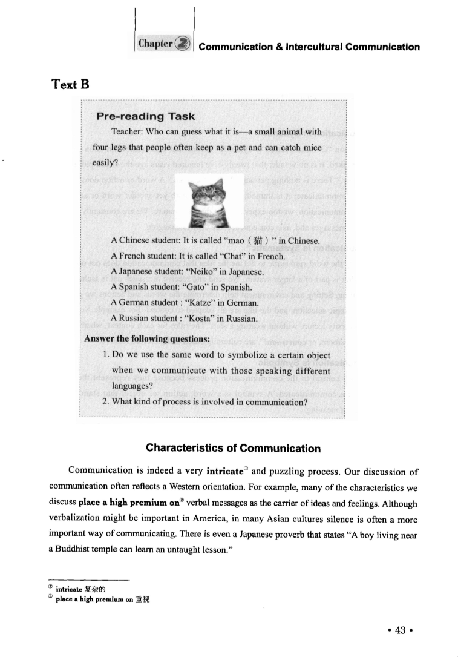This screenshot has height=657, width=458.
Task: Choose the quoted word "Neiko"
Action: [209, 271]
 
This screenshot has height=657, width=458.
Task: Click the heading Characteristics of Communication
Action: [233, 449]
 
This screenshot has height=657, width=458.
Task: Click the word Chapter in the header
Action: [155, 45]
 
